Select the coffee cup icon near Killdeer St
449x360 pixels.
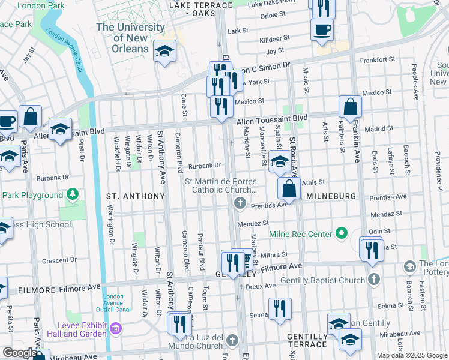pyautogui.click(x=322, y=29)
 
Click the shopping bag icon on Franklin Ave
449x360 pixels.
pyautogui.click(x=350, y=107)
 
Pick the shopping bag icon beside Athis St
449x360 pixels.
pyautogui.click(x=289, y=188)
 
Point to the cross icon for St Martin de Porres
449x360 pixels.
pyautogui.click(x=240, y=203)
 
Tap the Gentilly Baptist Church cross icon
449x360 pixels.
pyautogui.click(x=373, y=280)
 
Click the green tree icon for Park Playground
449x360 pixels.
pyautogui.click(x=73, y=194)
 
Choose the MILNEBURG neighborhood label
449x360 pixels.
pyautogui.click(x=332, y=196)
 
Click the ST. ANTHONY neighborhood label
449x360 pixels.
pyautogui.click(x=135, y=196)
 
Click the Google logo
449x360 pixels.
pyautogui.click(x=19, y=353)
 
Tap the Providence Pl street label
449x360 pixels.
pyautogui.click(x=439, y=171)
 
